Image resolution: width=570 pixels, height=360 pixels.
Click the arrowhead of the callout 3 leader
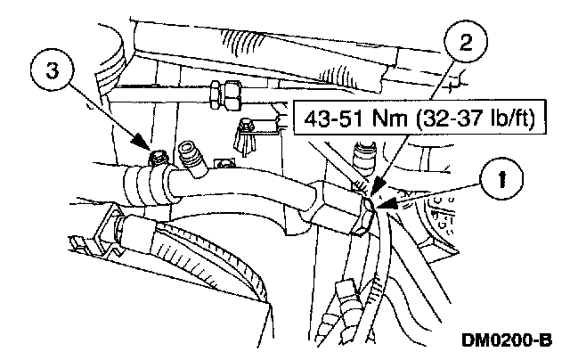[x=147, y=148]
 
